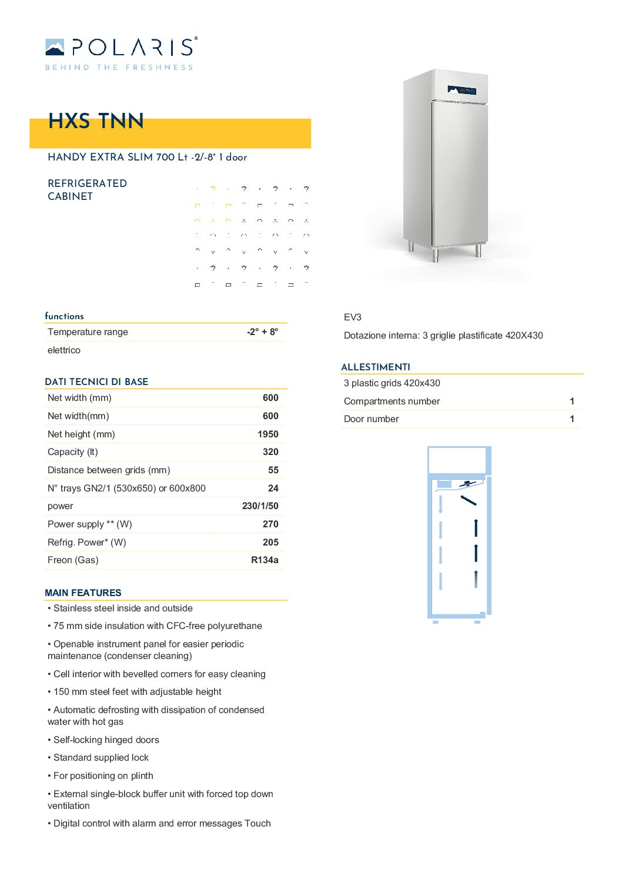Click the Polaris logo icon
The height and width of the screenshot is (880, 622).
point(55,47)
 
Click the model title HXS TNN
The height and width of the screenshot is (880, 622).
point(96,121)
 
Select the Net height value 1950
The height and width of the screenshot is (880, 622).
point(267,434)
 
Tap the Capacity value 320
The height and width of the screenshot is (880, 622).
point(270,451)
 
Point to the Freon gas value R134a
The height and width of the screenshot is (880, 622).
point(265,560)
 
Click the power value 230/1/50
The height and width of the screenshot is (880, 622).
point(260,506)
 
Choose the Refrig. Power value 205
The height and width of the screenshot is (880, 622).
point(270,542)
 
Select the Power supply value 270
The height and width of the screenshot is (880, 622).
point(270,524)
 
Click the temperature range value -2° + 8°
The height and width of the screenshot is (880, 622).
point(262,332)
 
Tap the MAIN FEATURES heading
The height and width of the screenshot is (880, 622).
point(83,593)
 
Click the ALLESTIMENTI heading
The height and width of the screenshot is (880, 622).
point(376,367)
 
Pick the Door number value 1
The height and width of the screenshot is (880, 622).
point(571,419)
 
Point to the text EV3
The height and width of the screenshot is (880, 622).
point(353,317)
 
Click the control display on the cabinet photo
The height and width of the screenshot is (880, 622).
point(462,90)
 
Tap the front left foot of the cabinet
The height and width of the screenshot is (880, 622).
point(435,255)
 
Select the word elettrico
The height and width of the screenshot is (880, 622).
point(64,350)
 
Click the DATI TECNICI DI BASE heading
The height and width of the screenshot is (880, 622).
point(96,382)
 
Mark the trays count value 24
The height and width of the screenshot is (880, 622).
point(273,488)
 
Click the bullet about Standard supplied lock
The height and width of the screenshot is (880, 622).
point(101,757)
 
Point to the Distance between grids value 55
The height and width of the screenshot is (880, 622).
point(273,470)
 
